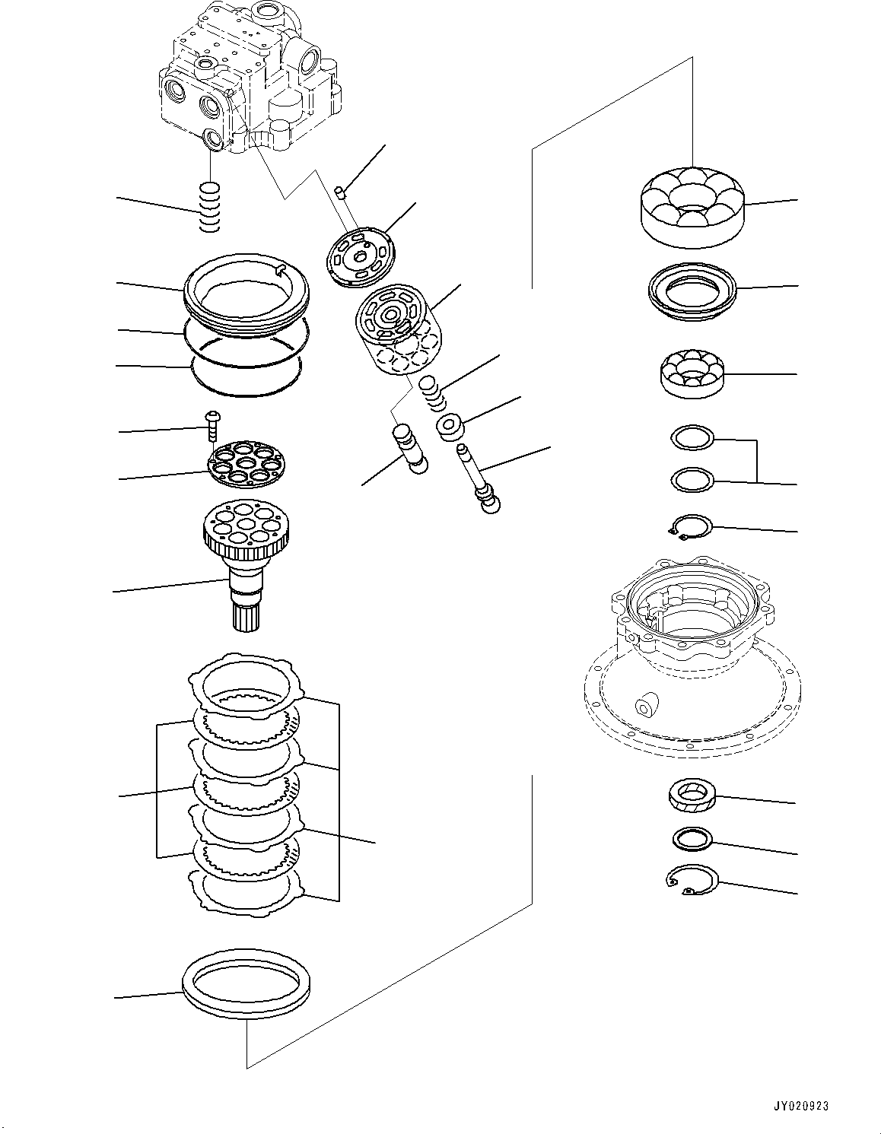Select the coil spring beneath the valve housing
(x=209, y=208)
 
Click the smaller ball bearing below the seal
(x=691, y=373)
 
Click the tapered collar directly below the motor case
(x=691, y=797)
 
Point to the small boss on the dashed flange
(x=645, y=704)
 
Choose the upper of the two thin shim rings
(x=692, y=438)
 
